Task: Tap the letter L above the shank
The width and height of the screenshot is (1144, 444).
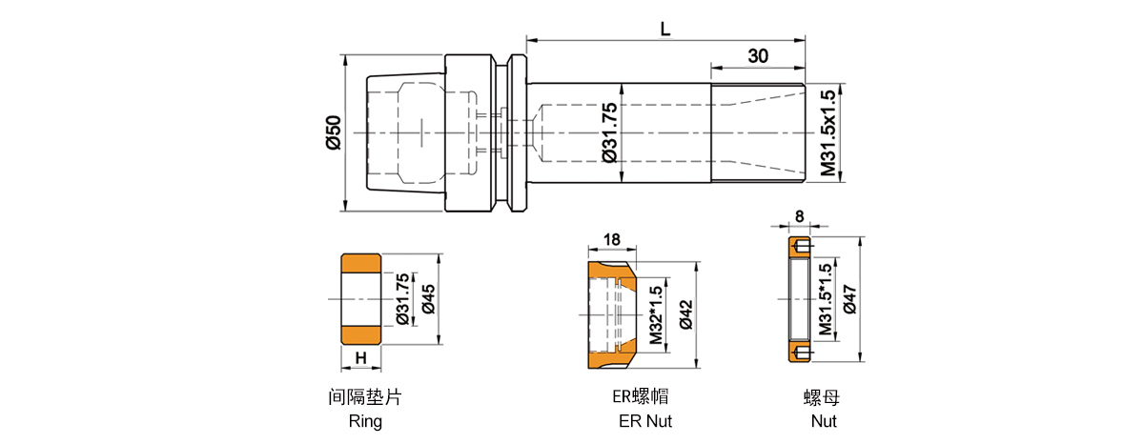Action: pyautogui.click(x=665, y=29)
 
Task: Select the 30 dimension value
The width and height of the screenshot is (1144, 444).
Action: pyautogui.click(x=759, y=56)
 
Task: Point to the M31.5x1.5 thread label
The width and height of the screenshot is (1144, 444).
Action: pyautogui.click(x=827, y=132)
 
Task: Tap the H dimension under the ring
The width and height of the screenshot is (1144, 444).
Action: pyautogui.click(x=361, y=357)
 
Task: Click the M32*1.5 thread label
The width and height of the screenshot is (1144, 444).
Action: pyautogui.click(x=656, y=314)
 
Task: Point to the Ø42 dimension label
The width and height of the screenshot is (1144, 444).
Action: pyautogui.click(x=685, y=314)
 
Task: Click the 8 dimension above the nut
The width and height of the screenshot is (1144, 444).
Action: pyautogui.click(x=798, y=217)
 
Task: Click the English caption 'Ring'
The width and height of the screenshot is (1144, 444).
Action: pyautogui.click(x=365, y=421)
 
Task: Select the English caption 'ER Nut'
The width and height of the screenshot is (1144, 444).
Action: pyautogui.click(x=645, y=421)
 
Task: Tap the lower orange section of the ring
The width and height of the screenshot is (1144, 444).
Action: pyautogui.click(x=361, y=334)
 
